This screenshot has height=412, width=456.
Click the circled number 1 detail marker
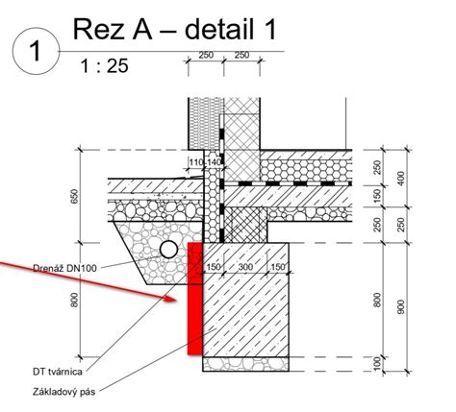pyautogui.click(x=36, y=51)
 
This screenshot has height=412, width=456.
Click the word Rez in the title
pyautogui.click(x=99, y=30)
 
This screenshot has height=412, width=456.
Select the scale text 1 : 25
pyautogui.click(x=104, y=66)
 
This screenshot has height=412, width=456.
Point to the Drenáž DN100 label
pyautogui.click(x=64, y=268)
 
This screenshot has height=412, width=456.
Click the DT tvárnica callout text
pyautogui.click(x=58, y=372)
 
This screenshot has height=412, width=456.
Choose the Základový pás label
pyautogui.click(x=64, y=392)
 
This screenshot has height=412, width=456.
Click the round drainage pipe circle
pyautogui.click(x=168, y=250)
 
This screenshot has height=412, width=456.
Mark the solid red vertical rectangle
pyautogui.click(x=195, y=299)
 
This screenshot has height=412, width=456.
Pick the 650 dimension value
pyautogui.click(x=74, y=197)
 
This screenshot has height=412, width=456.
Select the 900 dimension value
pyautogui.click(x=401, y=306)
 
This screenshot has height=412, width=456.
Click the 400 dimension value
pyautogui.click(x=401, y=179)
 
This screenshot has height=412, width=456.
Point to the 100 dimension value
pyautogui.click(x=378, y=364)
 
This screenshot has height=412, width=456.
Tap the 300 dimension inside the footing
pyautogui.click(x=245, y=267)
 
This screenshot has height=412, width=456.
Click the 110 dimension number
pyautogui.click(x=196, y=162)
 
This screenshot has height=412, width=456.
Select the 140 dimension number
pyautogui.click(x=214, y=162)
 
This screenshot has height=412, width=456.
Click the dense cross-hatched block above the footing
pyautogui.click(x=245, y=225)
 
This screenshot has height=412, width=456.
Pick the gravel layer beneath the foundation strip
pyautogui.click(x=245, y=364)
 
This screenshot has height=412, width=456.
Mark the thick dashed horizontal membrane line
pyautogui.click(x=288, y=183)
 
